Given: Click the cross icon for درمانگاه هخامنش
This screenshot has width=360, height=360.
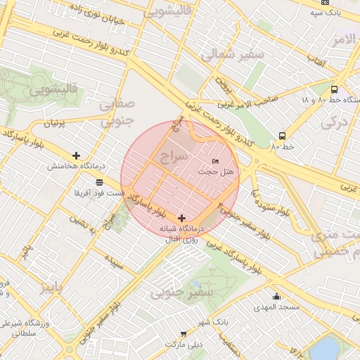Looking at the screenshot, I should click(76, 155).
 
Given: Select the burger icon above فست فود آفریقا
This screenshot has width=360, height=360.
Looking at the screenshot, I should click(99, 183).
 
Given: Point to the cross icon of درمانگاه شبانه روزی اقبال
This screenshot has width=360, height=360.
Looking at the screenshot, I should click(182, 219).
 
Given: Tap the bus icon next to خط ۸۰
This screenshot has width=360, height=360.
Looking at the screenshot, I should click(282, 136).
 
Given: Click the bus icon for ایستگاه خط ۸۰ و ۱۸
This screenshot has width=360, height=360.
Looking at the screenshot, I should click(333, 90).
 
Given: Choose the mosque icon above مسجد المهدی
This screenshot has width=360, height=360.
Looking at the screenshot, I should click(276, 297).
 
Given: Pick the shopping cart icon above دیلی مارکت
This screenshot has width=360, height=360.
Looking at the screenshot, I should click(184, 334).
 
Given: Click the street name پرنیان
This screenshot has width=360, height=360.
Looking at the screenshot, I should click(58, 124).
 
